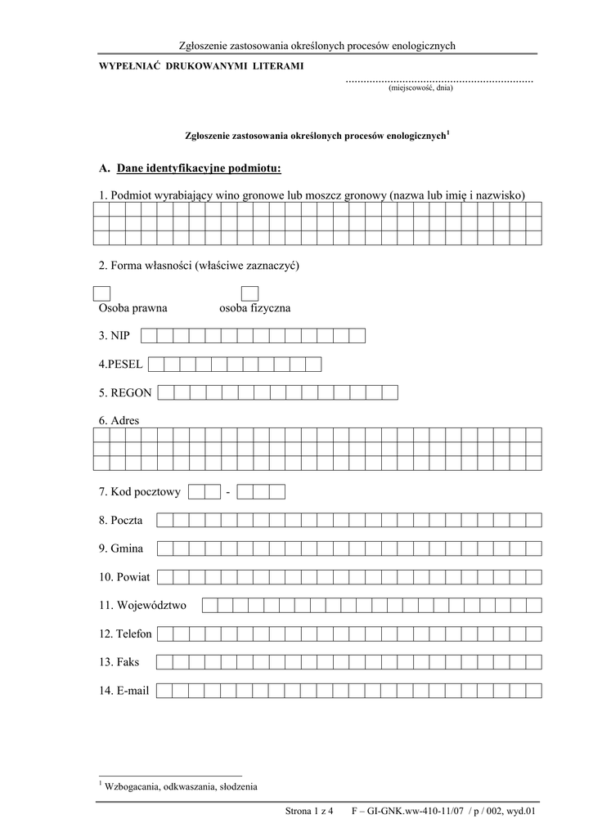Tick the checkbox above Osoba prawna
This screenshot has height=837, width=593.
(101, 293)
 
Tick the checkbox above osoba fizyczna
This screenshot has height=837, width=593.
(249, 293)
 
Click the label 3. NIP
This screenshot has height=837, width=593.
(115, 336)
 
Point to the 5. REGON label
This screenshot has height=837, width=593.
(125, 393)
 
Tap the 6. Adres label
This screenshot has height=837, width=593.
(119, 421)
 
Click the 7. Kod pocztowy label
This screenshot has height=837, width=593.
(139, 492)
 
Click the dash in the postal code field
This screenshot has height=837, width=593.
(228, 492)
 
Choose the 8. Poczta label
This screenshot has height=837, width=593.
(121, 521)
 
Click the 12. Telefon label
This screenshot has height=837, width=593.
(125, 634)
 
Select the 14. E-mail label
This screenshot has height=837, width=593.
(124, 692)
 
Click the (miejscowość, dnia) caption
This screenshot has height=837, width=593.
(420, 88)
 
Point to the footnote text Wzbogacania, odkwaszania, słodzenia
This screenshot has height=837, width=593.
(181, 787)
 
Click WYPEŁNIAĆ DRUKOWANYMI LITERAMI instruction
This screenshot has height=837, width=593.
(195, 65)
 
